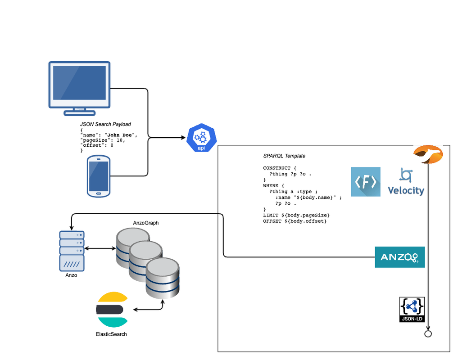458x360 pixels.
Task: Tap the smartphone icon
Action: (99, 176)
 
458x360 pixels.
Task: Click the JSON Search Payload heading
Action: (105, 124)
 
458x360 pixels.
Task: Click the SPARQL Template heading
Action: (284, 156)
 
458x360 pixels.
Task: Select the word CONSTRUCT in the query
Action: (277, 168)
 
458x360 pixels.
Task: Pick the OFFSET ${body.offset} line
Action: (295, 221)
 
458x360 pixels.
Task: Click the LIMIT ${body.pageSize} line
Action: (296, 215)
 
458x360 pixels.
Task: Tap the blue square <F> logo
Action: (366, 182)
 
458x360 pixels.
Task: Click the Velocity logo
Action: (406, 182)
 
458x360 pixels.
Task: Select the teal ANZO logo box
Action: (399, 257)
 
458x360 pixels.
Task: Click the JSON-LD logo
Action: (412, 310)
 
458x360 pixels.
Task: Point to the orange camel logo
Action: (428, 154)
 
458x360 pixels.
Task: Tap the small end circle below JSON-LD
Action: (428, 334)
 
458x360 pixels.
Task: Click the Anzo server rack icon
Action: (72, 251)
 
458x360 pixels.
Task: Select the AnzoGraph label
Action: (146, 223)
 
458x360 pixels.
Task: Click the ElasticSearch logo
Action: (111, 310)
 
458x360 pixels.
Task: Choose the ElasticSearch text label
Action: (111, 334)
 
